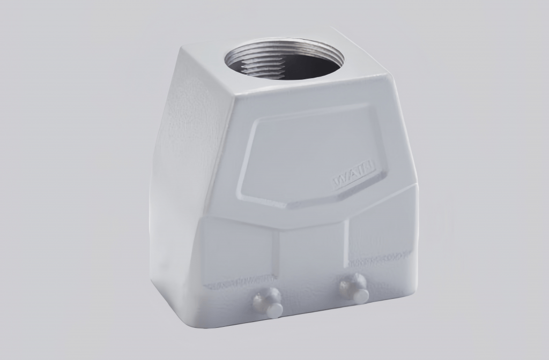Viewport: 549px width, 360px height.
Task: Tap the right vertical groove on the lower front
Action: [x=348, y=241]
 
